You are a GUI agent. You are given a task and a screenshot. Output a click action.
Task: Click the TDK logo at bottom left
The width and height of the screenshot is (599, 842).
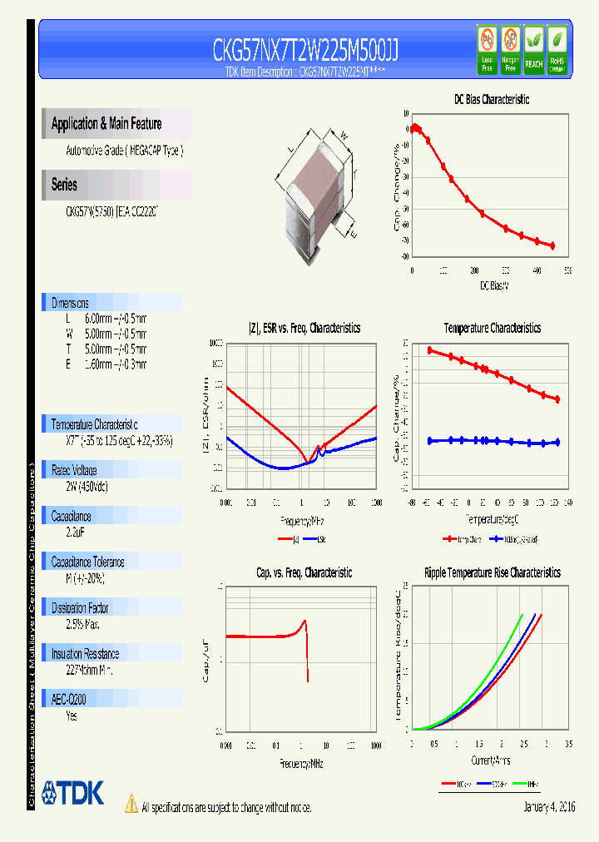click(73, 793)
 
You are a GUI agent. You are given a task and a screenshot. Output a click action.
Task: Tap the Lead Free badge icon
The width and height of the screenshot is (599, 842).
click(487, 48)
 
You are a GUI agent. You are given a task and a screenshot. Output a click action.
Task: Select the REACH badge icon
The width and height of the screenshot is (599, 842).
click(533, 48)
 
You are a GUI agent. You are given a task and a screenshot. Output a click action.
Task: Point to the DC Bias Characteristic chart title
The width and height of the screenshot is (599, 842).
click(491, 99)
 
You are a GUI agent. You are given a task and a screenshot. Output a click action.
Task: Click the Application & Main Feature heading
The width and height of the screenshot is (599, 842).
click(106, 124)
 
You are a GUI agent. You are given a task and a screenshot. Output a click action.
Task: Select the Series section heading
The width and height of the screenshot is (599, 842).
click(64, 185)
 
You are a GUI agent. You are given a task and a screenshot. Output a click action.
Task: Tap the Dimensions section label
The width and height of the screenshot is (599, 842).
click(70, 303)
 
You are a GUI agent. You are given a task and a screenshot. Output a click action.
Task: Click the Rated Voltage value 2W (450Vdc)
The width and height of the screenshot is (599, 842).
click(87, 486)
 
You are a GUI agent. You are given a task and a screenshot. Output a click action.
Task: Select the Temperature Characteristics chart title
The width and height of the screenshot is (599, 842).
click(492, 329)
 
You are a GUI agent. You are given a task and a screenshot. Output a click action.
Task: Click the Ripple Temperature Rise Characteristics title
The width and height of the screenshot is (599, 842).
click(492, 572)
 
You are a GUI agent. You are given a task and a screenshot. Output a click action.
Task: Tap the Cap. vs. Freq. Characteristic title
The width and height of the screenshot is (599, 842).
click(304, 572)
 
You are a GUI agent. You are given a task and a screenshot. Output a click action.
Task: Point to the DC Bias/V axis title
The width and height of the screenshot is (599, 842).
click(494, 286)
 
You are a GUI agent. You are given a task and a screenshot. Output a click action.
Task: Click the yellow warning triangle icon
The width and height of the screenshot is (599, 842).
click(131, 804)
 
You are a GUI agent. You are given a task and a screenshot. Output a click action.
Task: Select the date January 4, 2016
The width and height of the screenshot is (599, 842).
click(549, 807)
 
